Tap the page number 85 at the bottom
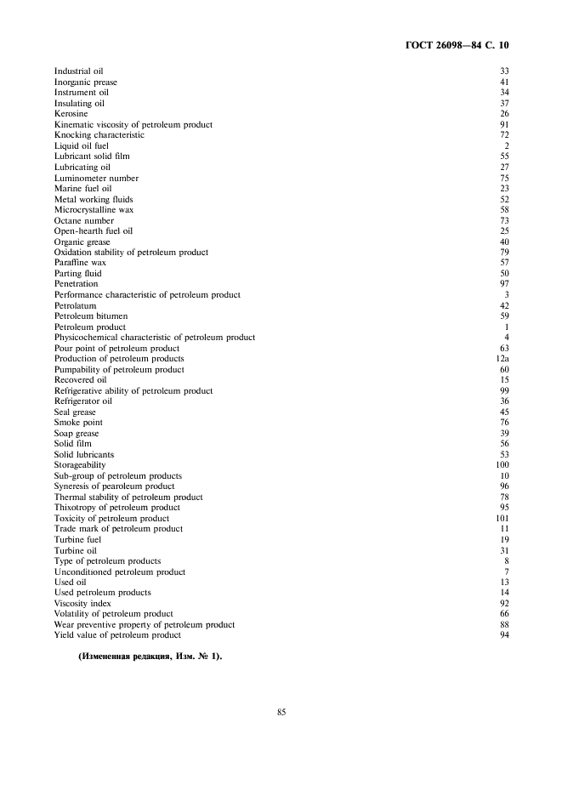[281, 712]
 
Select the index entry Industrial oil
[79, 71]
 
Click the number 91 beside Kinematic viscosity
[504, 124]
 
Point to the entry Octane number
[84, 220]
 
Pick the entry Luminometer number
[96, 178]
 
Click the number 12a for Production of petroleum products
[502, 359]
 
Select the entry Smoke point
[78, 423]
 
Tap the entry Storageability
[80, 465]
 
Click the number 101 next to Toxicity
[502, 518]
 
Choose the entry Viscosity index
[82, 603]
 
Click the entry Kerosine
[71, 114]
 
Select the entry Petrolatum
[75, 305]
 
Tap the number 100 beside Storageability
[502, 465]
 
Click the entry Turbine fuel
[77, 539]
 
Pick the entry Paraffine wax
[80, 263]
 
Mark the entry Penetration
[77, 284]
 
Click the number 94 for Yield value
[504, 635]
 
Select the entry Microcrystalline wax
[94, 209]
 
